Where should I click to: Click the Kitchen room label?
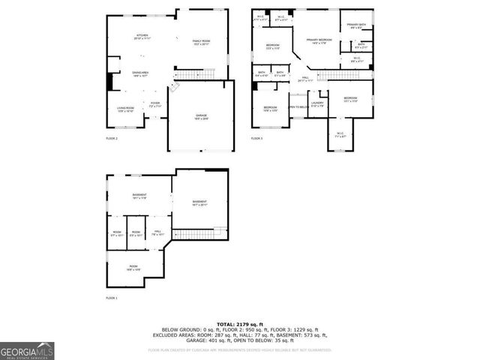click(142, 37)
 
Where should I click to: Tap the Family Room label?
click(201, 41)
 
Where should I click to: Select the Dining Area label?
click(140, 73)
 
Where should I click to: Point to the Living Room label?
click(125, 109)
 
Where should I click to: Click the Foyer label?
click(155, 104)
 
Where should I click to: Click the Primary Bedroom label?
click(319, 41)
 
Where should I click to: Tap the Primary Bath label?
click(356, 27)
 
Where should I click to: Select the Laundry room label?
click(317, 103)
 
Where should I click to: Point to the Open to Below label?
click(298, 106)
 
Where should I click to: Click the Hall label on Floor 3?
click(306, 78)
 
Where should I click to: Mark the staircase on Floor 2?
click(193, 73)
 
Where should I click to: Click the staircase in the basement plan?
click(199, 233)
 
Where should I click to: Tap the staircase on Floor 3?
click(343, 74)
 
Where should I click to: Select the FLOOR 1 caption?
click(111, 298)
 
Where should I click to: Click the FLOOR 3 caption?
click(256, 138)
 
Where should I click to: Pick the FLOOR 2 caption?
click(111, 138)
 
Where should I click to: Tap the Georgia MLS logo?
click(27, 351)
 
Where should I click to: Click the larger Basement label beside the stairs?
click(199, 202)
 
